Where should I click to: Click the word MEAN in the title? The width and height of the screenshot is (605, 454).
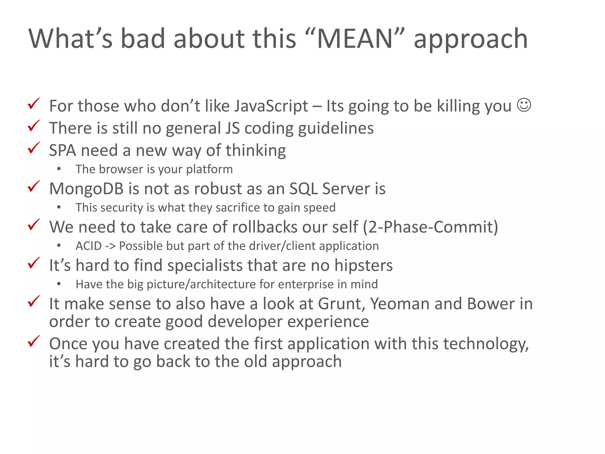click(354, 39)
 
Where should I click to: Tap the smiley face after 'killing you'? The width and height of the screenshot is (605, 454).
click(524, 105)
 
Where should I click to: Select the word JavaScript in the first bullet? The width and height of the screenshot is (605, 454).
click(271, 106)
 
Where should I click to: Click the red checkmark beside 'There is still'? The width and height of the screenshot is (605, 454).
click(34, 126)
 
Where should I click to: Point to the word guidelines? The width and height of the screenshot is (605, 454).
click(336, 128)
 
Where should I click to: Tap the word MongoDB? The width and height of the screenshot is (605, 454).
click(86, 189)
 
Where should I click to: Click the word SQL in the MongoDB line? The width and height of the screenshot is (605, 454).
click(303, 189)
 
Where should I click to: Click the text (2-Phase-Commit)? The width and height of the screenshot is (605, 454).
click(430, 227)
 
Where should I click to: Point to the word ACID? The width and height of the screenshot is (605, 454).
click(89, 246)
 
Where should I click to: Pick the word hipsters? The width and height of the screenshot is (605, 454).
click(363, 265)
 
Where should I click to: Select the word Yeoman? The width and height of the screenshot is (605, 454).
click(400, 304)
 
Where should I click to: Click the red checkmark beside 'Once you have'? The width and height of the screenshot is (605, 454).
click(34, 342)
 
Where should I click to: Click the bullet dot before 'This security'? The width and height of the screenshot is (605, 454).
click(59, 207)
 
